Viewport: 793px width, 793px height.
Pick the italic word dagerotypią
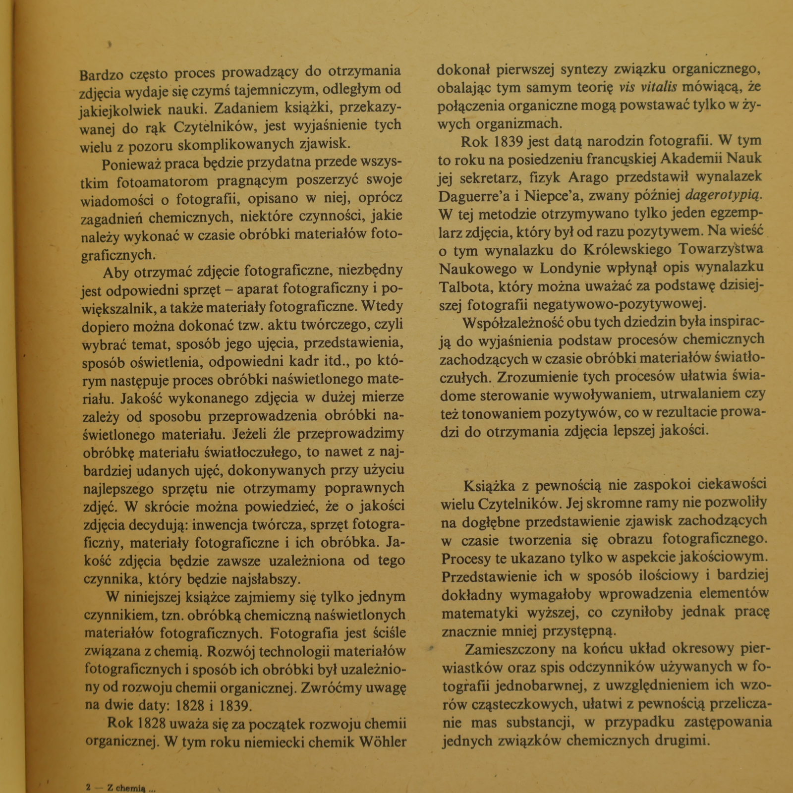coord(722,195)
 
